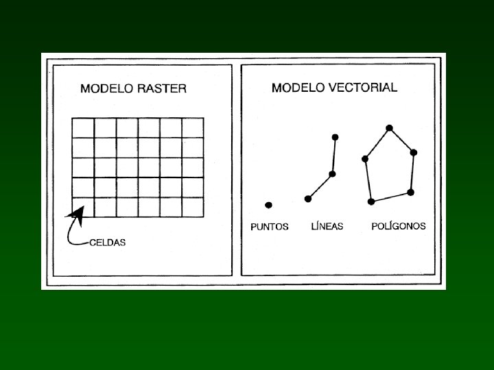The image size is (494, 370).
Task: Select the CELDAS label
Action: (108, 243)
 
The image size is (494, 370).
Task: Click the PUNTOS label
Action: (270, 227)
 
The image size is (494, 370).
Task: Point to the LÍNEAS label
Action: (327, 226)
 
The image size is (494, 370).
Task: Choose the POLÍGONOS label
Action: (399, 226)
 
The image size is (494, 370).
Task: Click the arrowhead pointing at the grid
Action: (77, 208)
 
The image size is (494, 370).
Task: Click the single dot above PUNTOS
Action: (268, 204)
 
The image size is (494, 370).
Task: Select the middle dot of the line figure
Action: (332, 174)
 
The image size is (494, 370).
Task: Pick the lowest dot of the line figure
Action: (307, 199)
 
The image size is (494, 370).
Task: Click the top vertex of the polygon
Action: (389, 128)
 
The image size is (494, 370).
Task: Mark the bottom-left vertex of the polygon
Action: (371, 201)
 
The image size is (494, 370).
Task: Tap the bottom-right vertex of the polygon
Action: (410, 193)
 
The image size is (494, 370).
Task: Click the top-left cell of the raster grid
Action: (83, 127)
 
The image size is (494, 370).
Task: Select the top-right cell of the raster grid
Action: (193, 127)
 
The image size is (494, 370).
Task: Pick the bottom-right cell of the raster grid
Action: (193, 207)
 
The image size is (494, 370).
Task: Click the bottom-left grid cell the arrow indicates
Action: (83, 207)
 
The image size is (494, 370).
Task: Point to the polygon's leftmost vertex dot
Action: (365, 159)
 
